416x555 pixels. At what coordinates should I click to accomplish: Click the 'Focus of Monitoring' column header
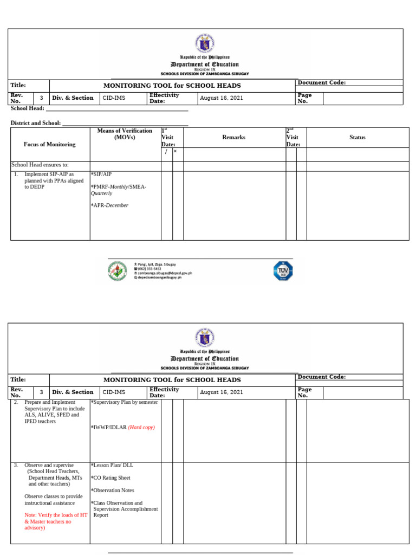coord(49,144)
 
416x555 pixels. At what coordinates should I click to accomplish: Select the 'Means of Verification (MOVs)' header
coord(125,134)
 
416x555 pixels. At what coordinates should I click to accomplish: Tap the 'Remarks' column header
coord(233,137)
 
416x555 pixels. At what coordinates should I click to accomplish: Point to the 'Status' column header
coord(357,137)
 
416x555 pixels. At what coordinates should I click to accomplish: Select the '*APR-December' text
coord(110,205)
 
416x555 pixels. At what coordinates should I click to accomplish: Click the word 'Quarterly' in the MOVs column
coord(102,193)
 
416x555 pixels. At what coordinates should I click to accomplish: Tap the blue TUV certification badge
coord(283,270)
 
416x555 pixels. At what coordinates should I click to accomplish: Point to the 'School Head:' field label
coord(28,108)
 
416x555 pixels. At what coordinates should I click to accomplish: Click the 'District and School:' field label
coord(36,123)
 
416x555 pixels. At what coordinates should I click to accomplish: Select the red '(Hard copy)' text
coord(141,427)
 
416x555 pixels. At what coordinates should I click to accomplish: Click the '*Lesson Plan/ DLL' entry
coord(112,465)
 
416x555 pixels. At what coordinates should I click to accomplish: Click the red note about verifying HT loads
coord(55,521)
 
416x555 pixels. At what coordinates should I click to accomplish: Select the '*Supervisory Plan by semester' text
coord(125,402)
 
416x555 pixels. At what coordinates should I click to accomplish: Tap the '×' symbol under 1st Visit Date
coord(175,151)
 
